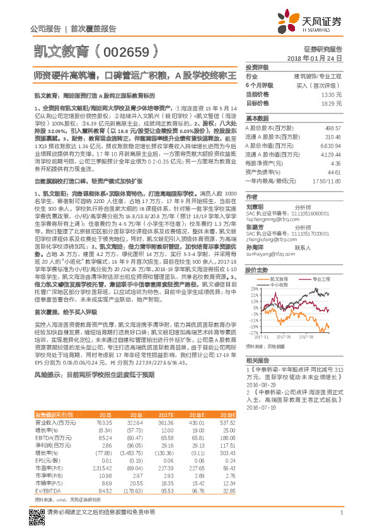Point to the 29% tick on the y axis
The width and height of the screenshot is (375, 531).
point(253,271)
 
